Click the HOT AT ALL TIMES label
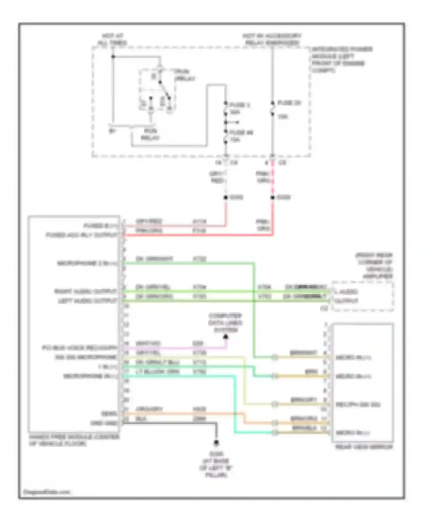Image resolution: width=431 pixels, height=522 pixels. coord(112,39)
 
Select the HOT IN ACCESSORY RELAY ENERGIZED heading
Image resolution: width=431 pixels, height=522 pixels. coord(272,39)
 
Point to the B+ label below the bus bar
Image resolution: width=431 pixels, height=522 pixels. coord(112,131)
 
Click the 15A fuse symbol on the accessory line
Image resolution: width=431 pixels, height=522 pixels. coord(272,109)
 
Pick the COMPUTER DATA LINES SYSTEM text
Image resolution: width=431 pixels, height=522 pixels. coord(225,323)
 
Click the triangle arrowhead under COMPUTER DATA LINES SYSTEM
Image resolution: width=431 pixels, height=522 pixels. coord(226,336)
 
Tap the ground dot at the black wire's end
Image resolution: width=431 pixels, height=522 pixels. coord(216,442)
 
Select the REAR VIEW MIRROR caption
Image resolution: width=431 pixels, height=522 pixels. coord(364,447)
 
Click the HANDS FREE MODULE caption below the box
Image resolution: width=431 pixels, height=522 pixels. coord(74,440)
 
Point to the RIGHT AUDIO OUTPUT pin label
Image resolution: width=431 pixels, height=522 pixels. coord(86,291)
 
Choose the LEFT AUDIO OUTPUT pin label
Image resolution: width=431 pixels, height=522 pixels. coord(88,301)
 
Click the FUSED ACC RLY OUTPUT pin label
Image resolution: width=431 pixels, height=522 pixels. coord(82,235)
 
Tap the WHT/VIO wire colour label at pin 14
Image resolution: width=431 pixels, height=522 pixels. coord(148,344)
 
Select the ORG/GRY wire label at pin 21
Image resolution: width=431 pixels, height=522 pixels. coord(149,409)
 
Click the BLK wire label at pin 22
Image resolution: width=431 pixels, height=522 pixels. coord(141,418)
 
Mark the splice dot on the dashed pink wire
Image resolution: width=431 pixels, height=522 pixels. coord(272,197)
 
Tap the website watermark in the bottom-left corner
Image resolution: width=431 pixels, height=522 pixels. coord(47,492)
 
